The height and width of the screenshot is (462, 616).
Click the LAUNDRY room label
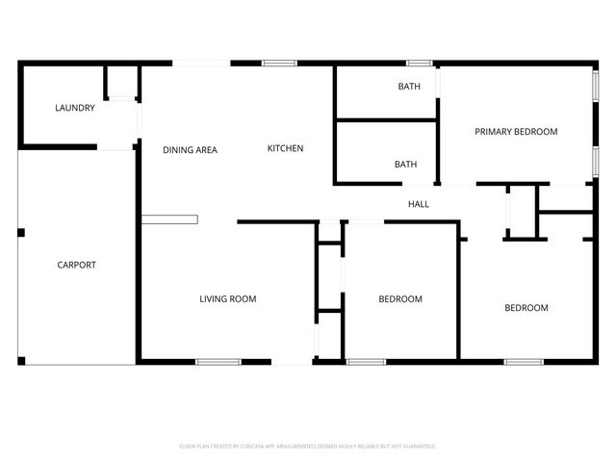point(75,108)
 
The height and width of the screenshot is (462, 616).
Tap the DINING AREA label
point(190,149)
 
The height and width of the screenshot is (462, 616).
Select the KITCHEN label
point(285,148)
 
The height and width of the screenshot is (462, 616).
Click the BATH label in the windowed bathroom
point(409,87)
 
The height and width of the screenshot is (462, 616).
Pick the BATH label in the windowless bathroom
point(405,164)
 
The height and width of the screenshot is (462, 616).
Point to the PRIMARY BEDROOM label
point(516,132)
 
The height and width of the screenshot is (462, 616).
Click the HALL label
point(419,204)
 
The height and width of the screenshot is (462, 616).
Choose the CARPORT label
point(76,265)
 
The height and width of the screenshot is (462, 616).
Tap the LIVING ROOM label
point(228,299)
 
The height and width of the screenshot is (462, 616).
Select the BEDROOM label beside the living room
point(400,299)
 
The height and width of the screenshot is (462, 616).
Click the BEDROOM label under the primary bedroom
point(526,308)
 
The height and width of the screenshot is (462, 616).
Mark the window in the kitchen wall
point(279,64)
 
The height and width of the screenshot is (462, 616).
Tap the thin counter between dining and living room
point(169,219)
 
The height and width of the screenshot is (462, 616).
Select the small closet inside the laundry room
point(121,83)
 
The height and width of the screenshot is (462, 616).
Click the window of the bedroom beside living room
point(366,362)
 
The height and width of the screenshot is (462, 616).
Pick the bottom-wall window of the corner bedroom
point(524,362)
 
